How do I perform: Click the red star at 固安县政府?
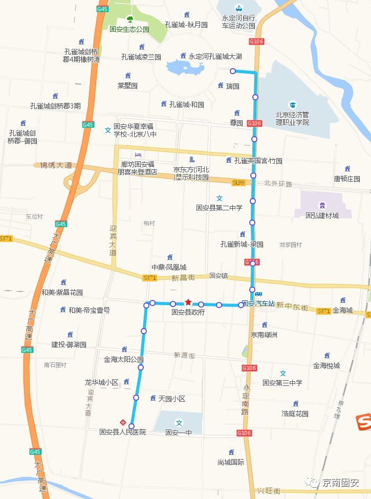(x=188, y=302)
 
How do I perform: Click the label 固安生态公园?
(x=129, y=30)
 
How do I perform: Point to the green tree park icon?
(x=129, y=20)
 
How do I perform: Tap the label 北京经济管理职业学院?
(x=293, y=118)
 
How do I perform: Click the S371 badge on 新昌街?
(x=149, y=277)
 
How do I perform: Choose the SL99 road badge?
(x=238, y=182)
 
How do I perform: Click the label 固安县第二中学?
(x=219, y=207)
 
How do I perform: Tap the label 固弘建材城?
(x=322, y=215)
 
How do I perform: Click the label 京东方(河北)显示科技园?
(x=191, y=173)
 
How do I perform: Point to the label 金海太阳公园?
(x=123, y=359)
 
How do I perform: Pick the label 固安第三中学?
(x=282, y=382)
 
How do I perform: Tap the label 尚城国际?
(x=231, y=462)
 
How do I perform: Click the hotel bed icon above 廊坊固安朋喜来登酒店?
(x=137, y=155)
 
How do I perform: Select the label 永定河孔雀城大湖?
(x=215, y=56)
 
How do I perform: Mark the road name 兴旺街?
(x=270, y=491)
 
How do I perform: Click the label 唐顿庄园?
(x=347, y=179)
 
